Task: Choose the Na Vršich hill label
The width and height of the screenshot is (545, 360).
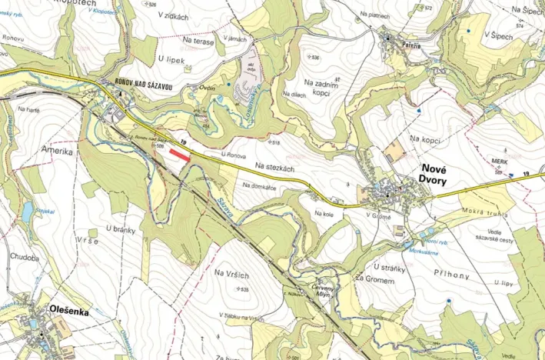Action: click(x=232, y=275)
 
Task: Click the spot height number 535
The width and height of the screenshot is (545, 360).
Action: click(x=244, y=289)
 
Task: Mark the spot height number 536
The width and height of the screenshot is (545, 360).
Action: click(x=314, y=58)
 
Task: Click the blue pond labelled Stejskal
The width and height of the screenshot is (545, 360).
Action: click(x=27, y=210)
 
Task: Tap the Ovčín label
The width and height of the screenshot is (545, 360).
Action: click(x=207, y=88)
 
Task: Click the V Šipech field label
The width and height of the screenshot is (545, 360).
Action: click(x=497, y=35)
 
